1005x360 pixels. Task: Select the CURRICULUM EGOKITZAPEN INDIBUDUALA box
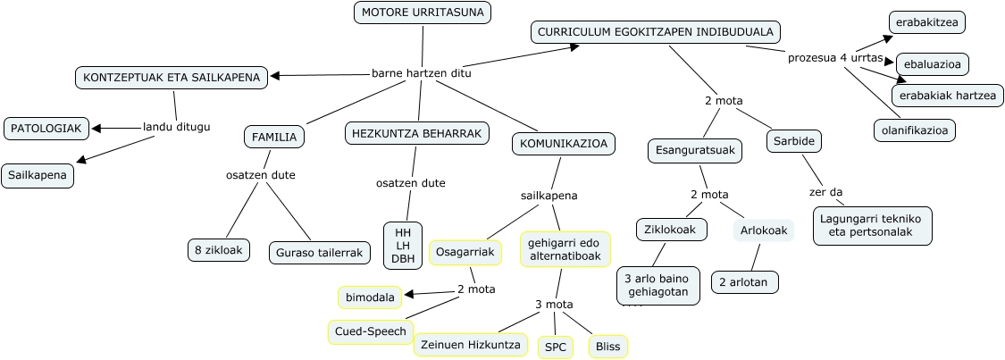pyautogui.click(x=656, y=32)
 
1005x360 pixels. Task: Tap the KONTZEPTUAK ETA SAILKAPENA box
pyautogui.click(x=172, y=77)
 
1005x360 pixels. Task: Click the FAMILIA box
pyautogui.click(x=274, y=137)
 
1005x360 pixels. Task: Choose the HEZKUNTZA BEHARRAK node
pyautogui.click(x=417, y=133)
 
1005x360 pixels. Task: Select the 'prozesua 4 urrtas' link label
pyautogui.click(x=835, y=58)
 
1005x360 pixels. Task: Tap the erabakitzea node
pyautogui.click(x=927, y=21)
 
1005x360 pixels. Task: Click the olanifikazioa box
pyautogui.click(x=914, y=130)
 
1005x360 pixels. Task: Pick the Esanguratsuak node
pyautogui.click(x=694, y=150)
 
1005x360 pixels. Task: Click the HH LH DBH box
pyautogui.click(x=402, y=246)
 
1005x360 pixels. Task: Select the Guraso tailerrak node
pyautogui.click(x=319, y=252)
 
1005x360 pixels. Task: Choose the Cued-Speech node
pyautogui.click(x=371, y=331)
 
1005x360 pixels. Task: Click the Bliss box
pyautogui.click(x=608, y=347)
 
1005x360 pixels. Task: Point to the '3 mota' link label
pyautogui.click(x=554, y=305)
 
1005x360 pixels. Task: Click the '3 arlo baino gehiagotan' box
pyautogui.click(x=657, y=285)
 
